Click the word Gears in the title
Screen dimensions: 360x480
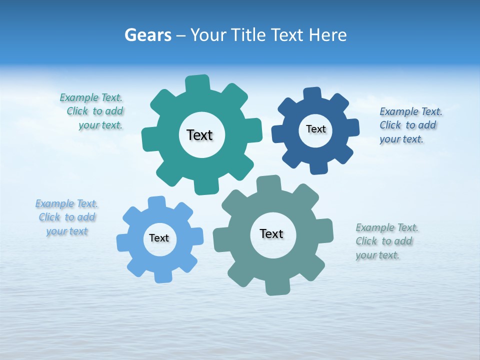[x=147, y=35]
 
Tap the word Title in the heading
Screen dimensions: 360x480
[x=249, y=35]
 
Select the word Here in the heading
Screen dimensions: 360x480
[x=327, y=35]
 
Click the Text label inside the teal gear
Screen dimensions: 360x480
[x=199, y=135]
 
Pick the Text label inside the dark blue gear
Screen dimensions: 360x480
[x=315, y=129]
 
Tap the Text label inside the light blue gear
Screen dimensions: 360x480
[x=159, y=238]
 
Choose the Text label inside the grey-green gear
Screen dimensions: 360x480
[x=271, y=233]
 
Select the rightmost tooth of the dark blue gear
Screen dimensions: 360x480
[x=352, y=127]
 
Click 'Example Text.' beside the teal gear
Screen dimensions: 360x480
[x=91, y=97]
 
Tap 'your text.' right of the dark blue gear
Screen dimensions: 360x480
[x=401, y=139]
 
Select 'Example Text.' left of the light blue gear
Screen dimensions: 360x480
[x=66, y=203]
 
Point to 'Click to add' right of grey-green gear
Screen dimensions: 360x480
[x=384, y=241]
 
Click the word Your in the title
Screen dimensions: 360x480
[x=209, y=35]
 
